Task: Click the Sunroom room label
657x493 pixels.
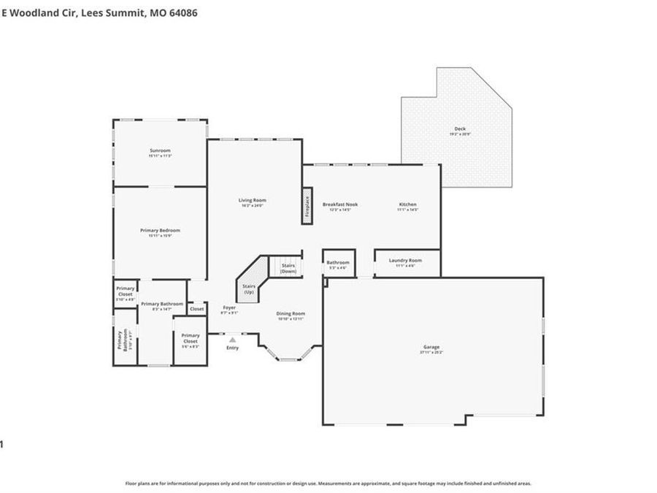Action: [x=159, y=150]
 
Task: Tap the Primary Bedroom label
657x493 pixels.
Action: [x=160, y=230]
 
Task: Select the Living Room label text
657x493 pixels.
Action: [x=253, y=200]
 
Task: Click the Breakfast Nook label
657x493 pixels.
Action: [x=340, y=205]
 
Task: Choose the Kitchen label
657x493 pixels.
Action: [x=407, y=205]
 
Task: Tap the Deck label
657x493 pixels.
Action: [x=460, y=129]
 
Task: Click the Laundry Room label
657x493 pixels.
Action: [x=405, y=260]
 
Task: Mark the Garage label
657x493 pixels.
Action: [x=431, y=347]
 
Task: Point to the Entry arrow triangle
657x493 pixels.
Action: [x=232, y=340]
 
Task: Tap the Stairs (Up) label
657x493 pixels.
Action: [x=249, y=289]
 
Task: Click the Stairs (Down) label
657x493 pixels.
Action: [x=288, y=267]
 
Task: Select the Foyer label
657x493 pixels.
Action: [x=229, y=307]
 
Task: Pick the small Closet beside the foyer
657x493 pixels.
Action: [x=197, y=309]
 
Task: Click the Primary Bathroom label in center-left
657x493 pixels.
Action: [x=162, y=304]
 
